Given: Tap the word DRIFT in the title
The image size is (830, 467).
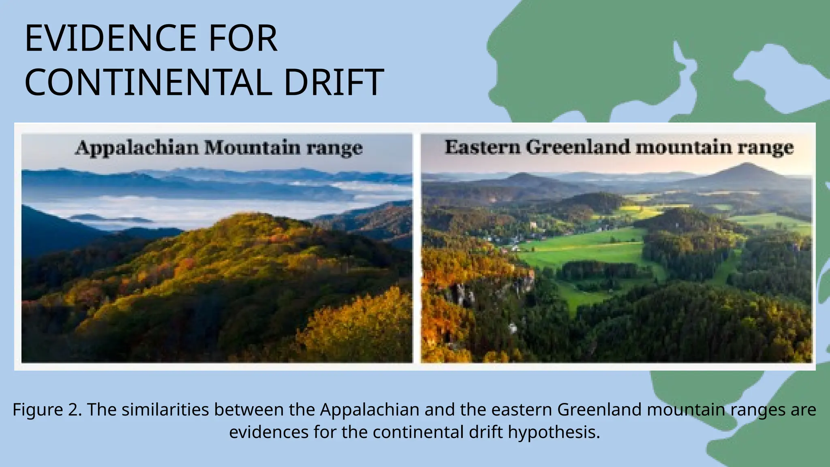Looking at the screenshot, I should [333, 82].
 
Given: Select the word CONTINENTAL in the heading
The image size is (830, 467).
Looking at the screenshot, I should [148, 82].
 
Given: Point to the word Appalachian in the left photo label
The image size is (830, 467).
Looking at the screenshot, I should [137, 148].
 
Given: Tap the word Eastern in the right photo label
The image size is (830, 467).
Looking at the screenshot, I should [482, 147].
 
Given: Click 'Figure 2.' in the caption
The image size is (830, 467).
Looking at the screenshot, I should [47, 410].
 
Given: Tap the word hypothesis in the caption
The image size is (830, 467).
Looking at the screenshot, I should [554, 432].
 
